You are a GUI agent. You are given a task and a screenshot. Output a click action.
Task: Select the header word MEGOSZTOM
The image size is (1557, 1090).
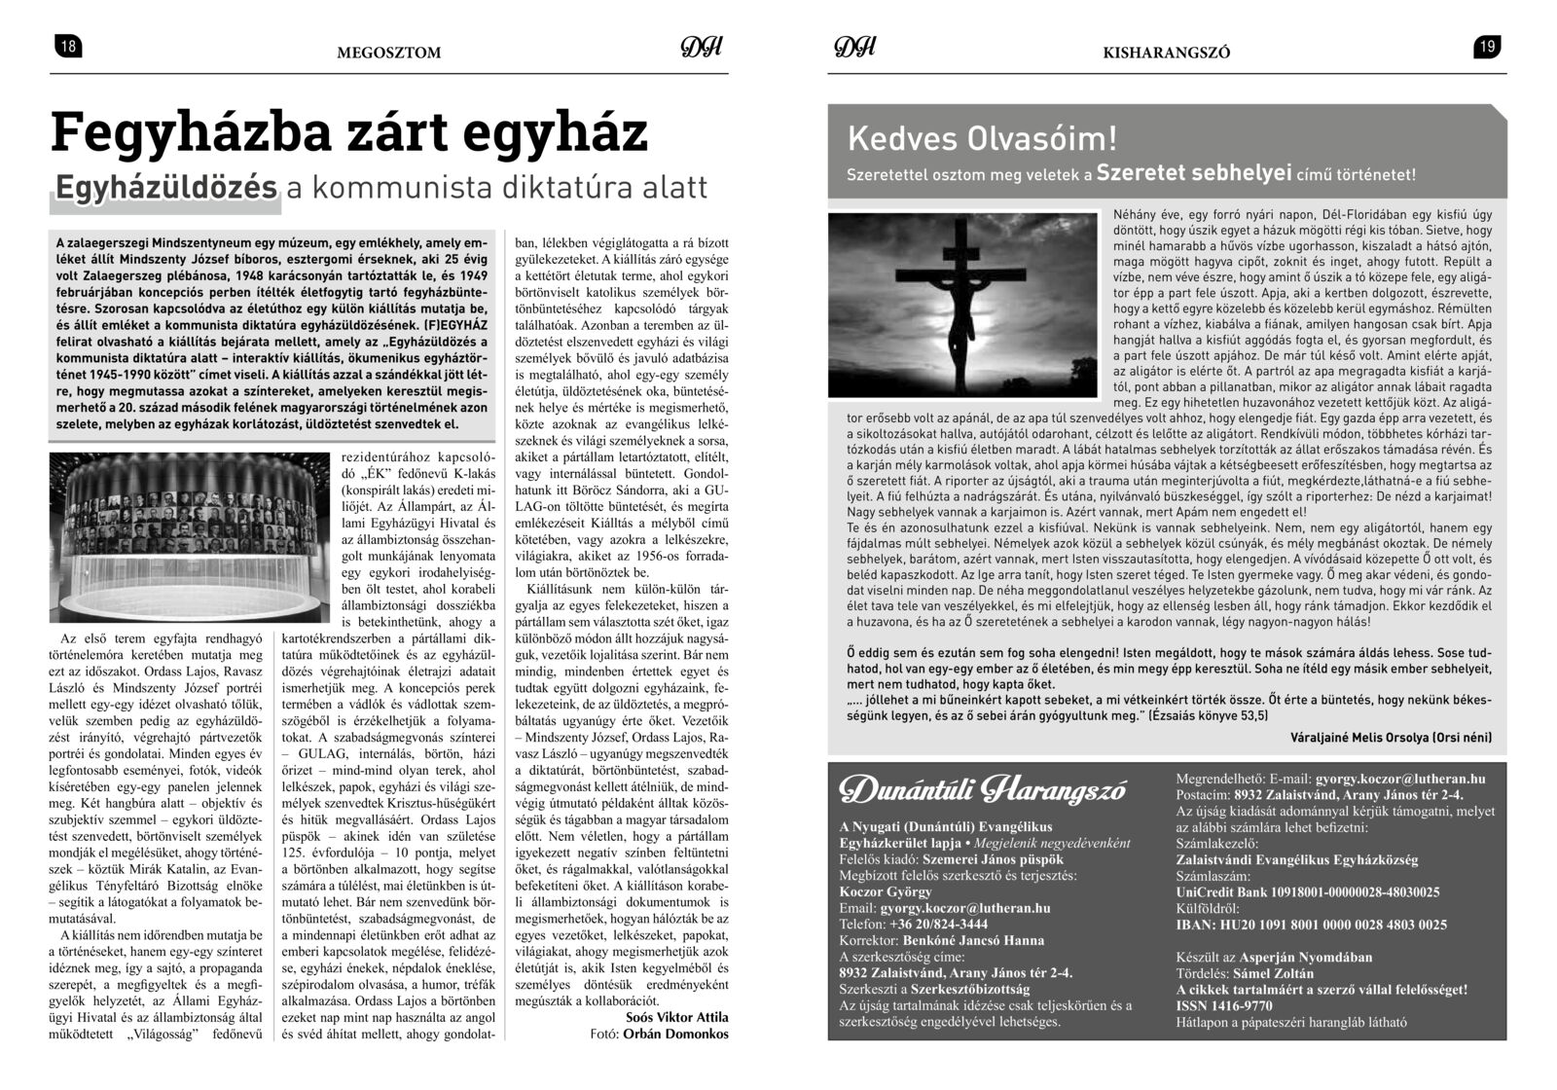pyautogui.click(x=388, y=53)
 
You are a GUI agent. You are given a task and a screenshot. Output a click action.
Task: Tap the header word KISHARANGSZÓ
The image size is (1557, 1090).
pyautogui.click(x=1166, y=53)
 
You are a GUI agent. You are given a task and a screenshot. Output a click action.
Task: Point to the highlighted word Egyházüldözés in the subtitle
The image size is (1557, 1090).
pyautogui.click(x=166, y=188)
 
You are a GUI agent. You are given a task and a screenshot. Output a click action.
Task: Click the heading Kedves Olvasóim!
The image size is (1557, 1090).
pyautogui.click(x=982, y=138)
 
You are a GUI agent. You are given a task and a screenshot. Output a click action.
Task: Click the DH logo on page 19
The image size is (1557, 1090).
pyautogui.click(x=854, y=48)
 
